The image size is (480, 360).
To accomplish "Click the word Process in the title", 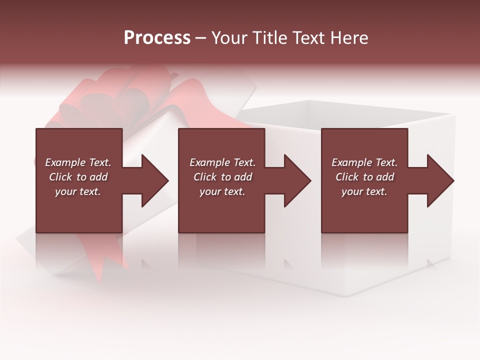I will click(157, 37).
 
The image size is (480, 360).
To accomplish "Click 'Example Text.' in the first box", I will click(78, 162).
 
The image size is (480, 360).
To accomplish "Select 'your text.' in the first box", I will click(78, 191).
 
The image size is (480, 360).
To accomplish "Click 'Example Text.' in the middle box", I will click(222, 162).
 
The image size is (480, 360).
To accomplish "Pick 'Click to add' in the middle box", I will click(222, 177).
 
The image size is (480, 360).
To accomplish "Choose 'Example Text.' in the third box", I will click(364, 162).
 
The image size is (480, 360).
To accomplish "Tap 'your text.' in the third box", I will click(364, 191).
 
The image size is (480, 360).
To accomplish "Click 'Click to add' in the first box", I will click(78, 177).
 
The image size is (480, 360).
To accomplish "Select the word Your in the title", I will click(229, 37).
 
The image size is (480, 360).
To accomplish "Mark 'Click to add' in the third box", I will click(364, 177).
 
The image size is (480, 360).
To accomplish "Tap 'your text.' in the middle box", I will click(222, 191).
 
